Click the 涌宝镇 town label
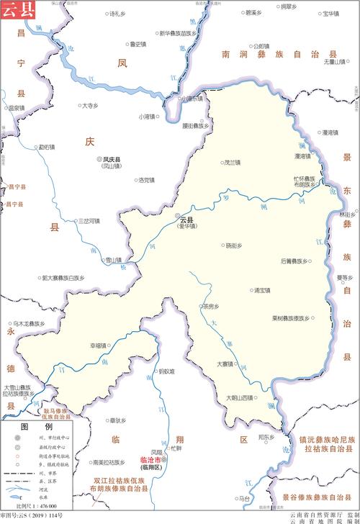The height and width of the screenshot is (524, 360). (262, 290)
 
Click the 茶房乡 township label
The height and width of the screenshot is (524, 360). (210, 304)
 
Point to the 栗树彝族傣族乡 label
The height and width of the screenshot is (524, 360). (291, 317)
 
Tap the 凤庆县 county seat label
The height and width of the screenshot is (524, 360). (112, 159)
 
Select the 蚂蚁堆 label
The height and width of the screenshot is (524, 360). (167, 371)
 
